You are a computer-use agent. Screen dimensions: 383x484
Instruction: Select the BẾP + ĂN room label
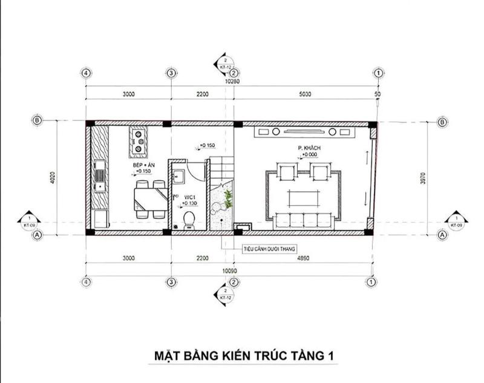click(x=144, y=164)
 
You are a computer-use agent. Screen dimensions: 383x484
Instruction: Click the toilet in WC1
click(x=188, y=218)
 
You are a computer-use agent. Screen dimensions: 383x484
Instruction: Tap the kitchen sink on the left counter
click(x=99, y=176)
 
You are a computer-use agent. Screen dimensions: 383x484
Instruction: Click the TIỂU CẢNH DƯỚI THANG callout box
click(x=264, y=247)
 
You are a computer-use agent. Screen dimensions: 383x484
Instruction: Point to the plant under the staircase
click(x=227, y=199)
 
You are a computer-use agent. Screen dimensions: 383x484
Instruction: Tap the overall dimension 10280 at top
click(x=232, y=80)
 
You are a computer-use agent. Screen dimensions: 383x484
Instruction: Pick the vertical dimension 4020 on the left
click(x=53, y=176)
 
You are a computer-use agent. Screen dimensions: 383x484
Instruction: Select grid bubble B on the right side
click(x=442, y=122)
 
